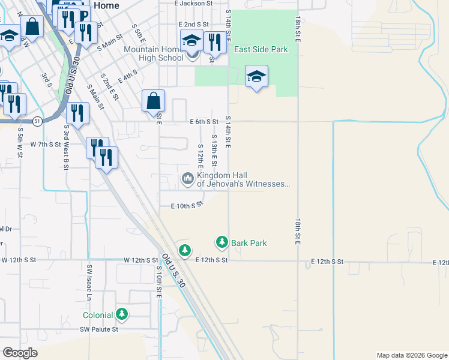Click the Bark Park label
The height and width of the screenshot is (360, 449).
(249, 243)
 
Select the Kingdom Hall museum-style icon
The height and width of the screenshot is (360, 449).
(187, 178)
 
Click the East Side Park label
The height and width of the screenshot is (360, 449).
(261, 50)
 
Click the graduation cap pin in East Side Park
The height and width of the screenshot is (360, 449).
(256, 77)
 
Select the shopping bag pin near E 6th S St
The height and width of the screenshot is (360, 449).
(154, 101)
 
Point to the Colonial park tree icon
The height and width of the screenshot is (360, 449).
(122, 314)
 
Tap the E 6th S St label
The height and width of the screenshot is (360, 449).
(203, 121)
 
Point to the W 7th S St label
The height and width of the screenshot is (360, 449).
(47, 144)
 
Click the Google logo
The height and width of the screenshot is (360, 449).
(20, 353)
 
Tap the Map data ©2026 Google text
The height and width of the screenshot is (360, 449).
(411, 355)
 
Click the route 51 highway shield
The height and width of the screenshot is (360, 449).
(37, 121)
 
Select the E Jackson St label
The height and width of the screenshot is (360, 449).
(194, 3)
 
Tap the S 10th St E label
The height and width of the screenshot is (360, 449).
(158, 284)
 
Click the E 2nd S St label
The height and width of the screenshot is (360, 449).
(193, 24)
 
